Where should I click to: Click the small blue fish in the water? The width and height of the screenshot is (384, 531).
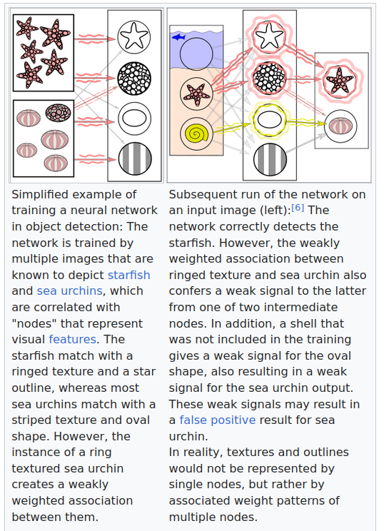coord(178,37)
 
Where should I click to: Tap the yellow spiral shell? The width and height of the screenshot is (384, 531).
coord(196,133)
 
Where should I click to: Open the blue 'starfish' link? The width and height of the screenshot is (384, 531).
coord(128,275)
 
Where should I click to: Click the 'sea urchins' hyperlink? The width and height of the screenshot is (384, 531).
coord(69,291)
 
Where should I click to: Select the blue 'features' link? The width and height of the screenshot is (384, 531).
coord(73,339)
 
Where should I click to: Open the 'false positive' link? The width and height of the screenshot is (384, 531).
coord(218,420)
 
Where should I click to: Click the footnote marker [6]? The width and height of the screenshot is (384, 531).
coord(298,207)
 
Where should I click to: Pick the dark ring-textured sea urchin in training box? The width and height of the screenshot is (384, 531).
coord(58,113)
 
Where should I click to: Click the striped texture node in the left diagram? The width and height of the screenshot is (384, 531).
coord(135,159)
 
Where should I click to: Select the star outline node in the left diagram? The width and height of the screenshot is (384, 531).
coord(134,37)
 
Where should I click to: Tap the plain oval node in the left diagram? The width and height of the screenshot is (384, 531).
coord(134,118)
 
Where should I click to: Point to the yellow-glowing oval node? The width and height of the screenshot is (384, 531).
coord(270,120)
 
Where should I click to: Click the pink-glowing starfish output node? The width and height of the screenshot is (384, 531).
coord(340,81)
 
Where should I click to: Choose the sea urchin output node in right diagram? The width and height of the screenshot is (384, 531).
coord(340,126)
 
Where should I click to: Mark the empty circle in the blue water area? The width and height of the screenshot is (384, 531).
coord(196,54)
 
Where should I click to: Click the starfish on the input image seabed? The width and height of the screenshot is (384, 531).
coord(196,93)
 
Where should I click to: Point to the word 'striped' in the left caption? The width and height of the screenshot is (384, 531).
coord(31,420)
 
